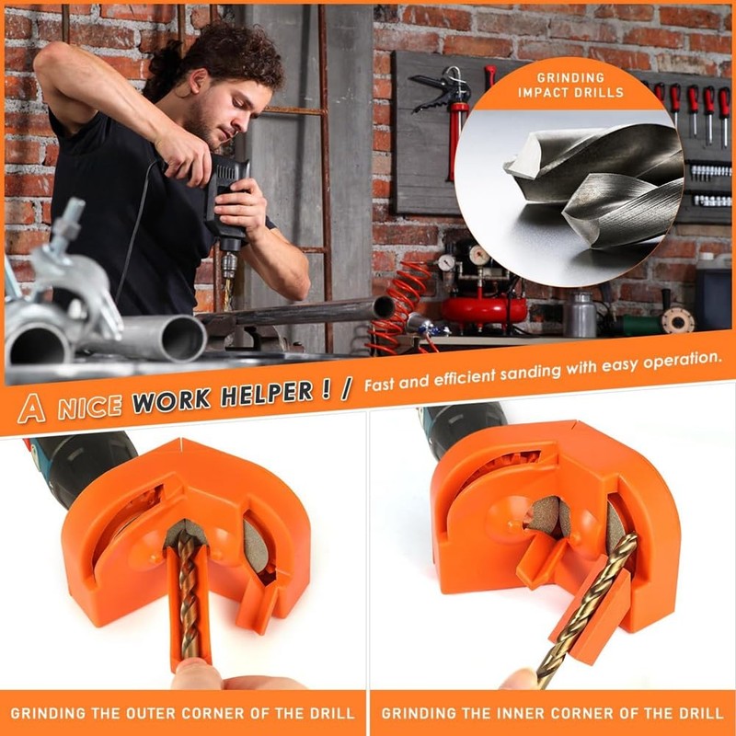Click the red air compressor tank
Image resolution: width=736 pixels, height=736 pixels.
[482, 308]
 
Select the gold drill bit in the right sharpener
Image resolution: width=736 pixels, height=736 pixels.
[589, 607]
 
